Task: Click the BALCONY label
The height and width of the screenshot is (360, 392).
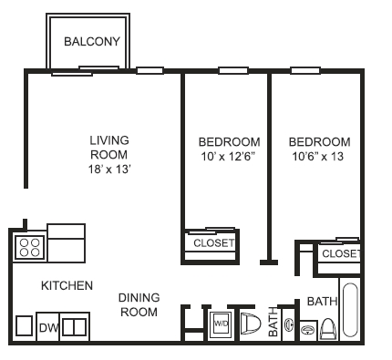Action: tap(92, 42)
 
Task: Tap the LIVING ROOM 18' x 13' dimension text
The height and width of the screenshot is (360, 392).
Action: tap(109, 170)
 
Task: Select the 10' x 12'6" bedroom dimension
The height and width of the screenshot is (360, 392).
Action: tap(228, 157)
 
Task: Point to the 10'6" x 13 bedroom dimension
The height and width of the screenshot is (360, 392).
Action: tap(318, 157)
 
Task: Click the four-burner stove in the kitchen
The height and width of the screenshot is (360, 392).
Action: tap(30, 248)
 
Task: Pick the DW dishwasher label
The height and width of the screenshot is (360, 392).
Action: tap(48, 328)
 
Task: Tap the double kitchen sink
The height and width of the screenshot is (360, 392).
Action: tap(75, 326)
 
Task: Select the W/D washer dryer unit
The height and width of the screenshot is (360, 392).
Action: tap(221, 324)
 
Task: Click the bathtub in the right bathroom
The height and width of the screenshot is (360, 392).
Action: tap(350, 310)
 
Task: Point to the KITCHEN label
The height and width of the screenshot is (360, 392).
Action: tap(67, 285)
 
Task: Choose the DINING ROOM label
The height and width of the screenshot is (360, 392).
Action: tap(139, 304)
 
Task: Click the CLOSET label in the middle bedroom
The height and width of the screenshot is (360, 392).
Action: tap(214, 243)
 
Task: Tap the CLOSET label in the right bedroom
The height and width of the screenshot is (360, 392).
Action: tap(341, 253)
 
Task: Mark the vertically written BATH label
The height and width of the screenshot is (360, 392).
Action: tap(273, 322)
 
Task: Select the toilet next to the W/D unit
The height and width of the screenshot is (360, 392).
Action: tap(251, 324)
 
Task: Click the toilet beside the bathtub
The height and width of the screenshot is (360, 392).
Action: tap(328, 329)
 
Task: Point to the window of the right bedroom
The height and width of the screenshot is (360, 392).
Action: tap(305, 71)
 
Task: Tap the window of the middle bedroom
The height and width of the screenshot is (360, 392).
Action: tap(233, 71)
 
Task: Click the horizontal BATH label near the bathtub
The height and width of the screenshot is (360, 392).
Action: tap(322, 302)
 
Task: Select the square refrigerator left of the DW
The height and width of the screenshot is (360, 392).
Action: tap(24, 325)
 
